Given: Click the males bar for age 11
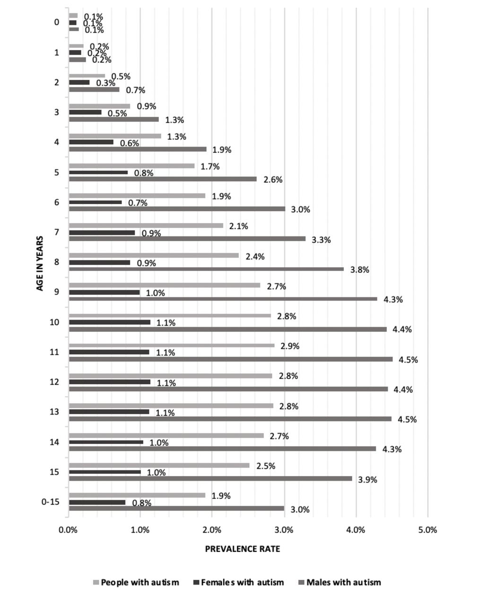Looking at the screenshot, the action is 231,359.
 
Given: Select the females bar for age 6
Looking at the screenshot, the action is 96,202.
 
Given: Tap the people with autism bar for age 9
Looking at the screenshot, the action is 165,285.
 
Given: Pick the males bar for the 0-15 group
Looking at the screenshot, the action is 176,508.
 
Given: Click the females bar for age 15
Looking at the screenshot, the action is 105,472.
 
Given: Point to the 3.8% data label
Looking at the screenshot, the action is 359,270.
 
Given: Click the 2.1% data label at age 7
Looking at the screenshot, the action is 239,226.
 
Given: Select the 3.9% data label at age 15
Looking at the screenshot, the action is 367,480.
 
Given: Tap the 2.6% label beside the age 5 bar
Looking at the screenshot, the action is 273,180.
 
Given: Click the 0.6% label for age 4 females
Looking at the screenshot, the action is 130,143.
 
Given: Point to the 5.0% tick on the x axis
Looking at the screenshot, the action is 427,530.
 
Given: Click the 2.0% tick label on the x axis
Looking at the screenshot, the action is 212,530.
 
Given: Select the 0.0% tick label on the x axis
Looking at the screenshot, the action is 68,530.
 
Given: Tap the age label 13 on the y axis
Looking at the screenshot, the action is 54,412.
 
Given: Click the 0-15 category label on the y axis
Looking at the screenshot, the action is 51,501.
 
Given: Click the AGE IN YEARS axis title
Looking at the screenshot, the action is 40,263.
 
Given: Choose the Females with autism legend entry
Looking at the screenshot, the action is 239,582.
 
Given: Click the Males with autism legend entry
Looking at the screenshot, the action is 339,582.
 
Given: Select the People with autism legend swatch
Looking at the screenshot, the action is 96,582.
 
